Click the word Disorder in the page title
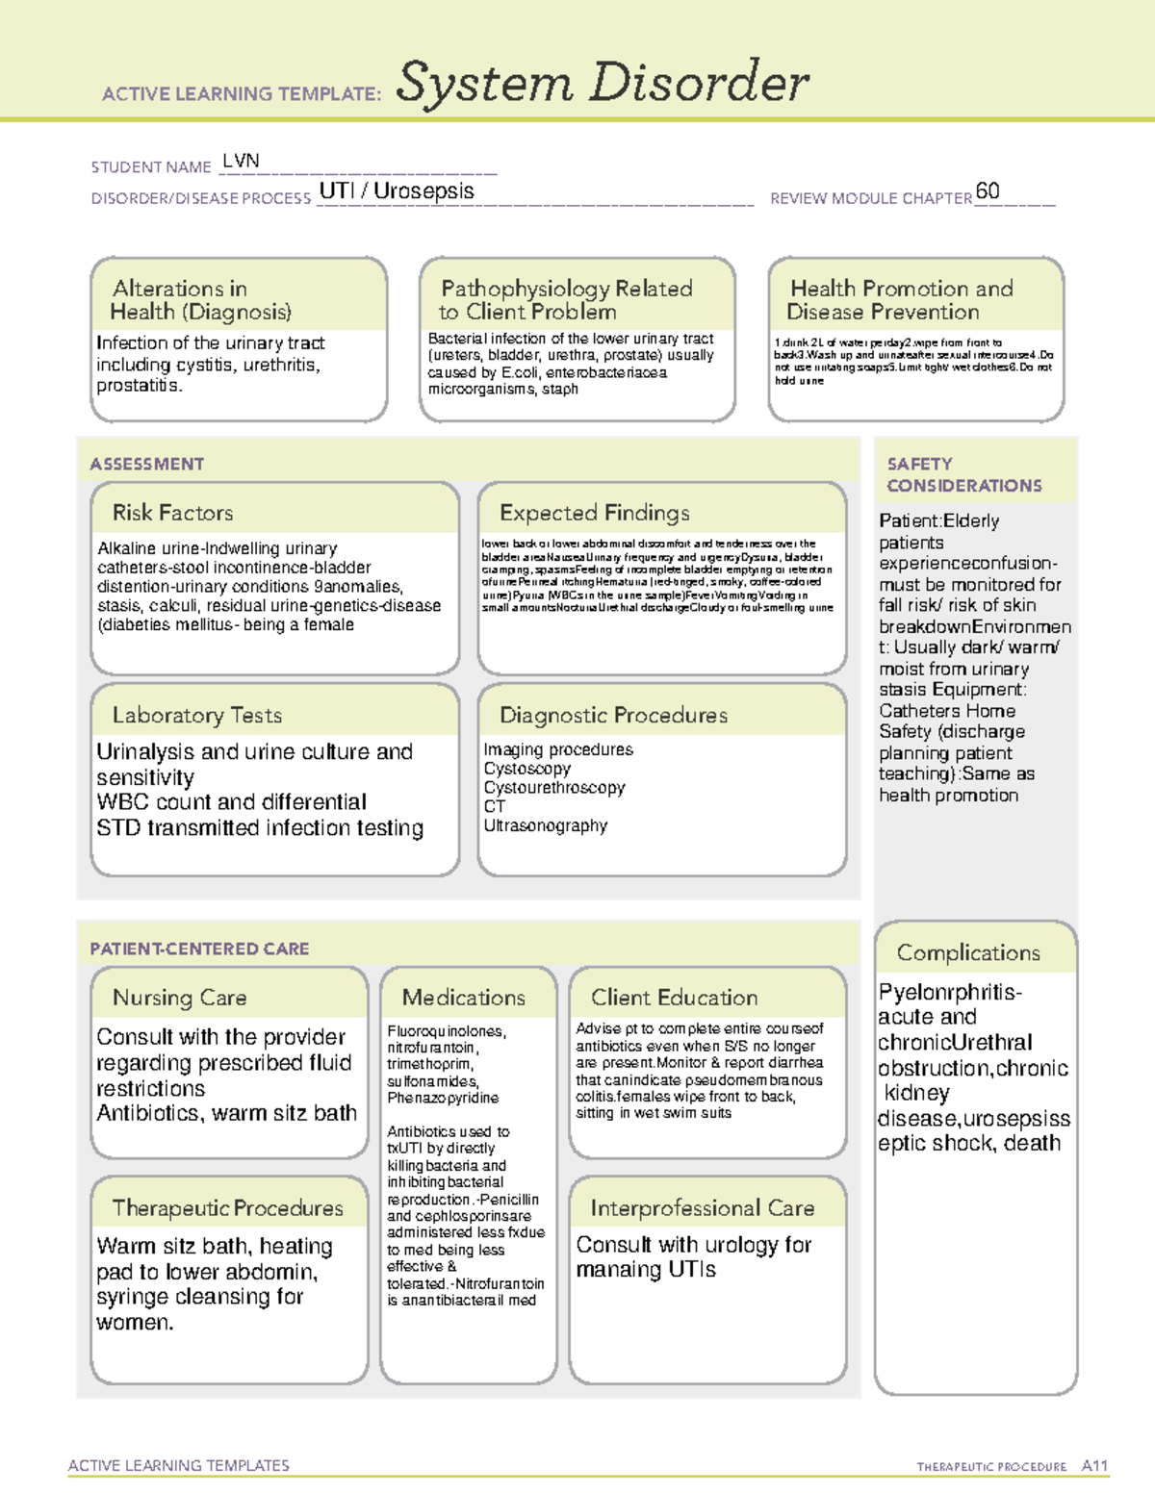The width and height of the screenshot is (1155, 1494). pos(699,83)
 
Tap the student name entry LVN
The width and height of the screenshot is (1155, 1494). pos(241,161)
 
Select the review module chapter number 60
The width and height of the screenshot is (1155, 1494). pos(988,190)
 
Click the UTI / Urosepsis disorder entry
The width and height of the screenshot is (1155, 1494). pos(397,190)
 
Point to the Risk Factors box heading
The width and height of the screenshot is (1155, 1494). pos(172,513)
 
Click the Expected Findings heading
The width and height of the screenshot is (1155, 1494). pos(594,513)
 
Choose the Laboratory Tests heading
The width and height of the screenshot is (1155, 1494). pos(196,715)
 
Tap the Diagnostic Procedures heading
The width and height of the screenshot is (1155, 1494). pos(613,715)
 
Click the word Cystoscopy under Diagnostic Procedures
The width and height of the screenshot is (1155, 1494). pos(526,769)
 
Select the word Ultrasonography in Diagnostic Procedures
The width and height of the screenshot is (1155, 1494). pos(545,825)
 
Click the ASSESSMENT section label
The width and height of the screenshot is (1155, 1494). pos(146,464)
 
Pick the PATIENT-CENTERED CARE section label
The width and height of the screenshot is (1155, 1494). pos(199,949)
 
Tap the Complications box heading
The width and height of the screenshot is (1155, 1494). pos(968,952)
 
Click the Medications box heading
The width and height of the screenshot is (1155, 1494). pos(463,998)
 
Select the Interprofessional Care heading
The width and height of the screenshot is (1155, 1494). pos(702,1207)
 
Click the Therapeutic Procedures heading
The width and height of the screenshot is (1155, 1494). pos(227,1207)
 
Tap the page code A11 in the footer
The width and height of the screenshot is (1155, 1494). pos(1094,1465)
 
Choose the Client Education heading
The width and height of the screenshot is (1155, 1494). pos(674,998)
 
